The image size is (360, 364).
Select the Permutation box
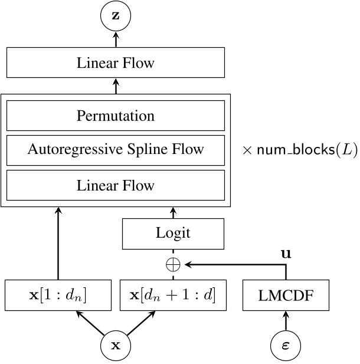(116, 116)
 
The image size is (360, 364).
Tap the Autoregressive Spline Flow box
(116, 150)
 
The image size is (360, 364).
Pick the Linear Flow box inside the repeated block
(116, 185)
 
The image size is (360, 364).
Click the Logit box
(173, 232)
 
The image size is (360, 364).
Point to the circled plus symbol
(173, 264)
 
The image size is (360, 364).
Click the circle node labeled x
(116, 346)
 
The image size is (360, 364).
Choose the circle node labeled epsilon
(286, 346)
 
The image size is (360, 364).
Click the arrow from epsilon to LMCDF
(286, 321)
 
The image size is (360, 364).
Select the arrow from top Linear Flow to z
(116, 40)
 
